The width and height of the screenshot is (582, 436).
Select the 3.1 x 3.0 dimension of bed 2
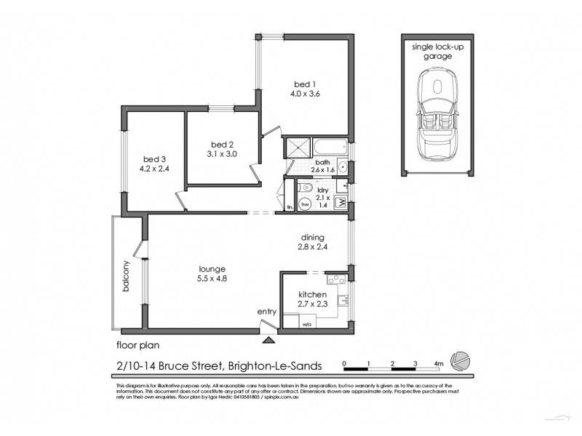coord(221,153)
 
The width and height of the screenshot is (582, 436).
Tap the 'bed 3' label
coord(151,159)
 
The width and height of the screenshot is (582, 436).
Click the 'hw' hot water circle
coord(306,204)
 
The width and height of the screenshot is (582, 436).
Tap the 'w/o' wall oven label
coord(307,324)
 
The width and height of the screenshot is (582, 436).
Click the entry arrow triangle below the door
coord(268,338)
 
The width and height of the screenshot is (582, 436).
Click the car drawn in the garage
coord(437,120)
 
